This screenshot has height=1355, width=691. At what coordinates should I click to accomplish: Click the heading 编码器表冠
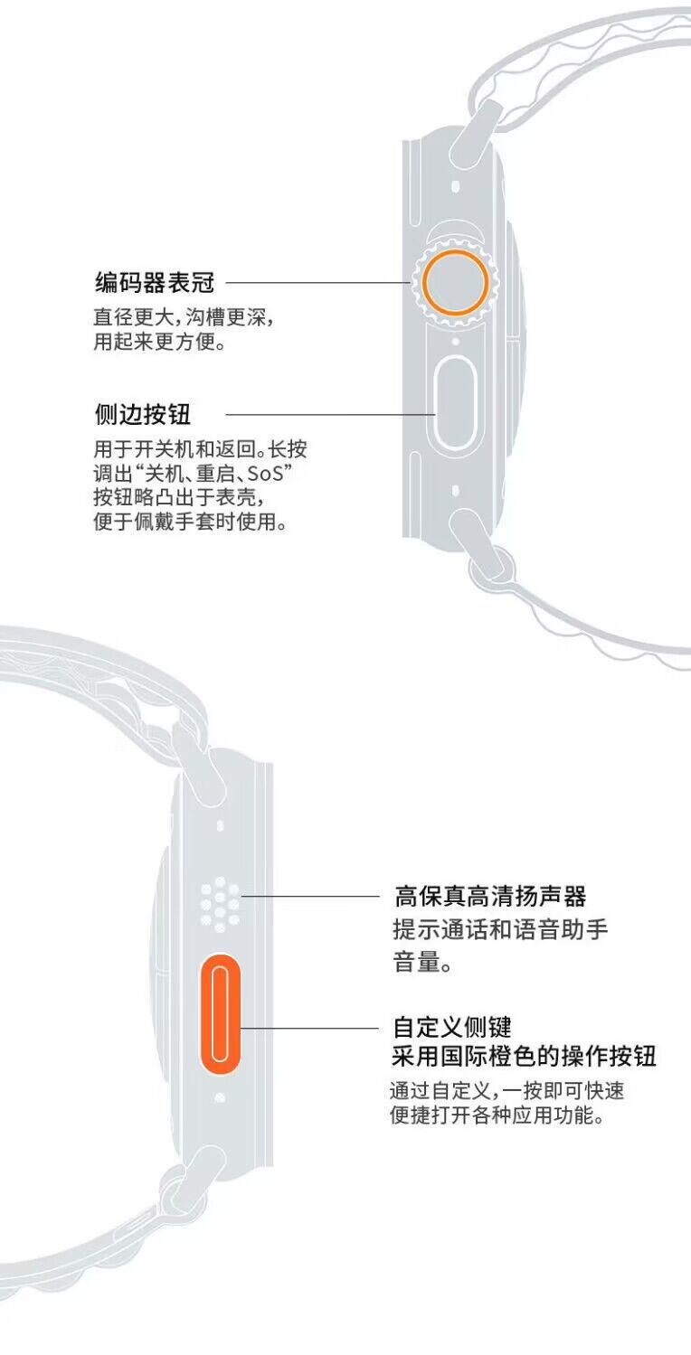tap(155, 282)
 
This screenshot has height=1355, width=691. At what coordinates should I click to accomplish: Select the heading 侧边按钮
tap(143, 415)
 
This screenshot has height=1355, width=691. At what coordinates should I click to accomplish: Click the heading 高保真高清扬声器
tap(490, 897)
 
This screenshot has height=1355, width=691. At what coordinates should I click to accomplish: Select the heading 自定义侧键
tap(452, 1027)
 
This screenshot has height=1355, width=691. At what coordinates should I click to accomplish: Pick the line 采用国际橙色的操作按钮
tap(524, 1056)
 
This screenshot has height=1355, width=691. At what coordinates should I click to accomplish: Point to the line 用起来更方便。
tap(158, 343)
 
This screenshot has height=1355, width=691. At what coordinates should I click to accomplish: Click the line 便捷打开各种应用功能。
tap(497, 1116)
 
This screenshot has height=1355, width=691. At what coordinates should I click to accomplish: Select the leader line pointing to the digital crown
tap(317, 283)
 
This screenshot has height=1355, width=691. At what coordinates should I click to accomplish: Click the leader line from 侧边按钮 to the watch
tap(330, 415)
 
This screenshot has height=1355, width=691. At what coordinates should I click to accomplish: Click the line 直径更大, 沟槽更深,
tap(184, 318)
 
